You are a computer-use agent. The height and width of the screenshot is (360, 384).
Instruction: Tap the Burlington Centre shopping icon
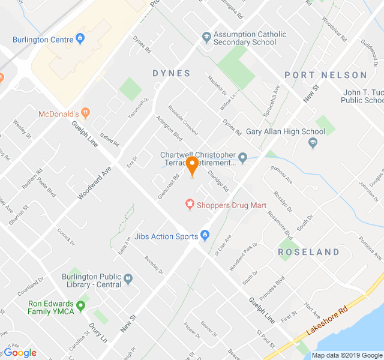click(81, 40)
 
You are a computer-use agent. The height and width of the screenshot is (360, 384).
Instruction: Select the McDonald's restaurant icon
click(85, 112)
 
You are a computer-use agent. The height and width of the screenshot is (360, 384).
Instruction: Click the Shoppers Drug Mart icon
click(190, 205)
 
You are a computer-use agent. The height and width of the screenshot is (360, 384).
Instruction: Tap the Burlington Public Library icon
click(128, 278)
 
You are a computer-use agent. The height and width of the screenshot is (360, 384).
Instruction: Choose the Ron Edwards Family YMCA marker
click(80, 305)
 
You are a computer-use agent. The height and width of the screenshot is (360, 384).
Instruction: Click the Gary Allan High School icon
click(313, 143)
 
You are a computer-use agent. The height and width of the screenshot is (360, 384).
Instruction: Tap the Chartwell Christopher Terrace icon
click(242, 158)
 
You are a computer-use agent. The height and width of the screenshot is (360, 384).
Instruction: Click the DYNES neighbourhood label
click(171, 73)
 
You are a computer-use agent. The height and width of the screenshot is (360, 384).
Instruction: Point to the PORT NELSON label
click(325, 75)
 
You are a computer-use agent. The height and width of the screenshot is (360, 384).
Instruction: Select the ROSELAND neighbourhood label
click(309, 252)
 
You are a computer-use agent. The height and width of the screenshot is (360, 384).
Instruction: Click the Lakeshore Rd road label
click(326, 322)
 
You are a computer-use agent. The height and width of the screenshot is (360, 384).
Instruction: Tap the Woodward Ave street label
click(95, 183)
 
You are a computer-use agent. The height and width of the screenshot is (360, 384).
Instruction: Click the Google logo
click(20, 353)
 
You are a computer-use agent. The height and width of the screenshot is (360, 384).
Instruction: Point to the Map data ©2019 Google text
click(346, 355)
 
